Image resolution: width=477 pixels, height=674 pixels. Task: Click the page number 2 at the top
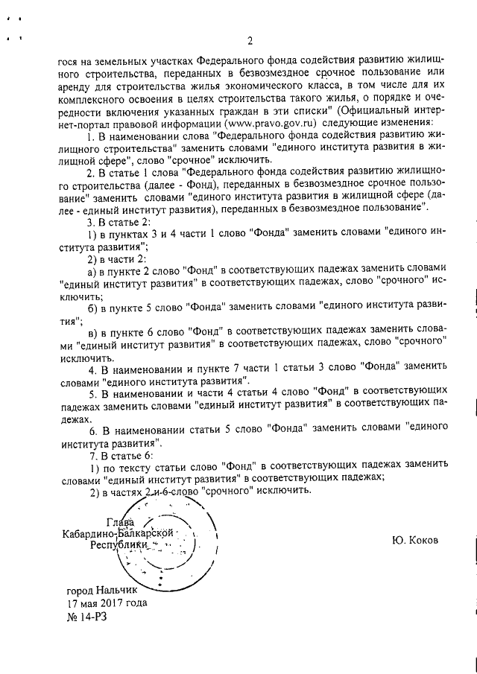pos(250,40)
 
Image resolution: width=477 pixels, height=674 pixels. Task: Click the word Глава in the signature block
pos(120,521)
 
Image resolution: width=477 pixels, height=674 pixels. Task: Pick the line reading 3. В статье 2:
pos(119,221)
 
